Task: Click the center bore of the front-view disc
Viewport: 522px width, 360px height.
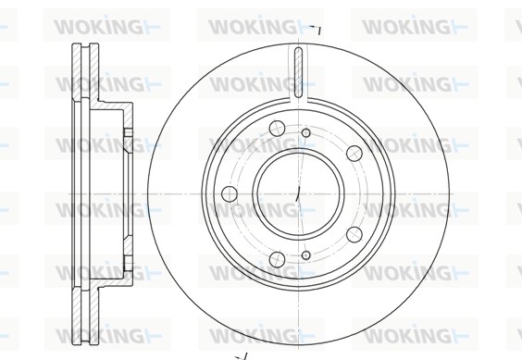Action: [x=299, y=193]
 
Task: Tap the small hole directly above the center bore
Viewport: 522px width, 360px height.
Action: [x=306, y=133]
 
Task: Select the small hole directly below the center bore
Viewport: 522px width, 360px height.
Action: [x=306, y=255]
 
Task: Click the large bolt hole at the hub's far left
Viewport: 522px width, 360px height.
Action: [x=230, y=193]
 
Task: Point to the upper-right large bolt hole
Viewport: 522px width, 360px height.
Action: [x=354, y=154]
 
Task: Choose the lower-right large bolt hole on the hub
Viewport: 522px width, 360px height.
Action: [x=354, y=234]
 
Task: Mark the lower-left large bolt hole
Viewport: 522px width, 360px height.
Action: [x=278, y=259]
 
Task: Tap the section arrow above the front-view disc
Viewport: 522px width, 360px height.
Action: [x=316, y=30]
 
